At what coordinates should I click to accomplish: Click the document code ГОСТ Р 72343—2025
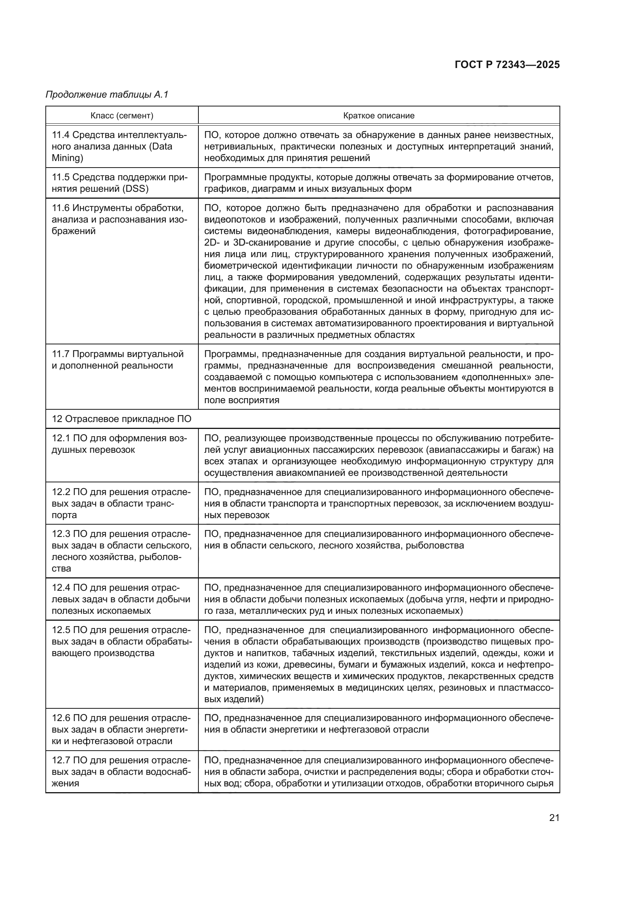tap(507, 65)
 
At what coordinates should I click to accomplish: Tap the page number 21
tap(554, 818)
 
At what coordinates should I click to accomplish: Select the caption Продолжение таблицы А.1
tap(107, 95)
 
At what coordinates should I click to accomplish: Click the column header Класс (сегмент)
tap(122, 116)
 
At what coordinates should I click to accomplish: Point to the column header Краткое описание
tap(379, 116)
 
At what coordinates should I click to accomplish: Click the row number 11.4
tap(61, 135)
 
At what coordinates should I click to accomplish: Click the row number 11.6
tap(61, 208)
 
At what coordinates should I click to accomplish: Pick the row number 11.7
tap(61, 354)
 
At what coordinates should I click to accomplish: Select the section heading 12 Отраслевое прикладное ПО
tap(122, 419)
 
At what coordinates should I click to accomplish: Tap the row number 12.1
tap(61, 438)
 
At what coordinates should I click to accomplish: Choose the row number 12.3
tap(61, 534)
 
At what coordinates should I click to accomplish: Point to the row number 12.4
tap(61, 588)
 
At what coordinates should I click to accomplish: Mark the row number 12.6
tap(61, 718)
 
